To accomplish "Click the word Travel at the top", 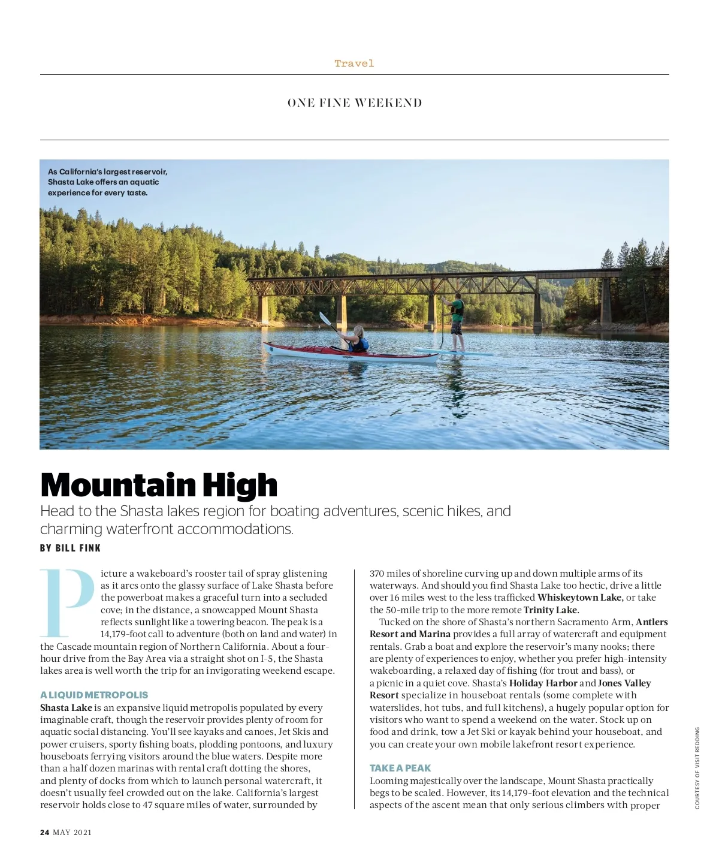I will pyautogui.click(x=354, y=64).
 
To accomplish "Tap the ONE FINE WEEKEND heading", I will pyautogui.click(x=355, y=103).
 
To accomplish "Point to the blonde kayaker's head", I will pyautogui.click(x=359, y=331).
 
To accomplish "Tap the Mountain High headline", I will pyautogui.click(x=159, y=485).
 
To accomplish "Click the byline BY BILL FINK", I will pyautogui.click(x=71, y=548).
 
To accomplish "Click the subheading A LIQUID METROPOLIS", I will pyautogui.click(x=94, y=695).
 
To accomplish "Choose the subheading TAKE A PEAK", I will pyautogui.click(x=400, y=768).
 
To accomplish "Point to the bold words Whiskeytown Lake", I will pyautogui.click(x=580, y=598).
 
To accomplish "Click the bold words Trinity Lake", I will pyautogui.click(x=551, y=610).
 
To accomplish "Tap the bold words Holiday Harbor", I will pyautogui.click(x=543, y=683).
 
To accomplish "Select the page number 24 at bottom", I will pyautogui.click(x=45, y=832).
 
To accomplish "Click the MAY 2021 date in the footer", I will pyautogui.click(x=72, y=832).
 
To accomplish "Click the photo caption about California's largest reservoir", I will pyautogui.click(x=108, y=182).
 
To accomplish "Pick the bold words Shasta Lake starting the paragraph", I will pyautogui.click(x=66, y=707).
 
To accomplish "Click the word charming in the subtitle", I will pyautogui.click(x=71, y=529).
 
